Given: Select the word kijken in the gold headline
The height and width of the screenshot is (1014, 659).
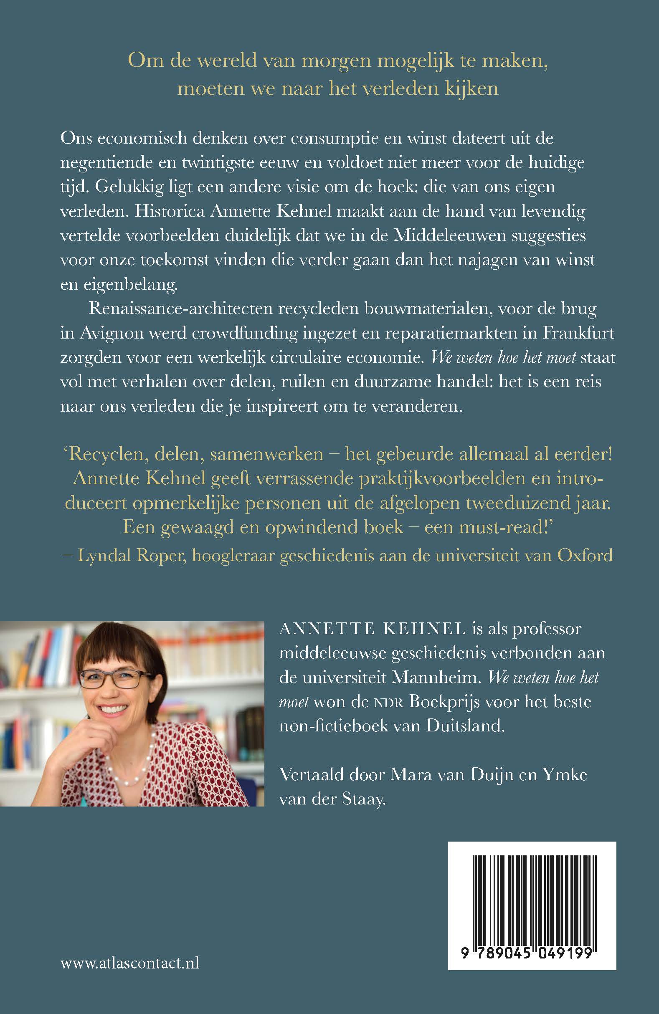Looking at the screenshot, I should (x=473, y=89).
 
